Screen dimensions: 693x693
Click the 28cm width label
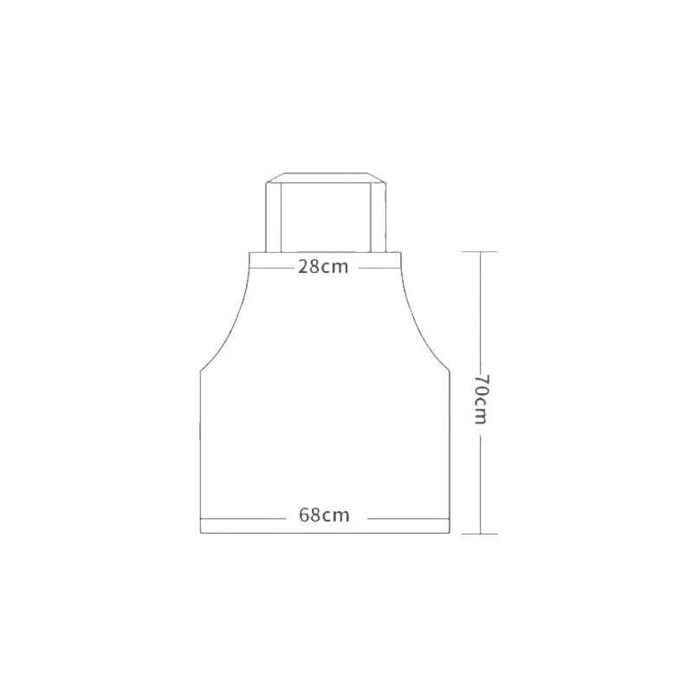pos(323,267)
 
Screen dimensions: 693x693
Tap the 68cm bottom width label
pos(324,515)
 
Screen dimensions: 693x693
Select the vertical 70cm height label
pos(482,398)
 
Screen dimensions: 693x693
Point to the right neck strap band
pos(377,217)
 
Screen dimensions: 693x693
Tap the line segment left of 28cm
pos(271,267)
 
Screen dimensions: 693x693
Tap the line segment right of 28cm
pos(376,267)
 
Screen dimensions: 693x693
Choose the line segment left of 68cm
pos(243,517)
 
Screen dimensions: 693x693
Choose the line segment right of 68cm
pos(407,517)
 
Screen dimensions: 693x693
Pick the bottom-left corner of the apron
pos(201,532)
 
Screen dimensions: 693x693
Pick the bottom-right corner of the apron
pos(450,532)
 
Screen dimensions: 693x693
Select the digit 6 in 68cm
pos(305,515)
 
